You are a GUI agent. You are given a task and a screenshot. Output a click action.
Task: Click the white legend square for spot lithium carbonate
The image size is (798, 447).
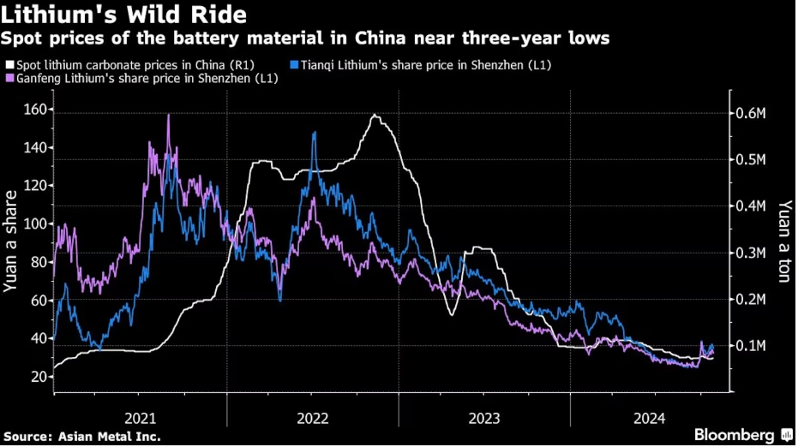9,64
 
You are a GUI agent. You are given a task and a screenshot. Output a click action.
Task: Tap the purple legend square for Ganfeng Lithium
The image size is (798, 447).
9,78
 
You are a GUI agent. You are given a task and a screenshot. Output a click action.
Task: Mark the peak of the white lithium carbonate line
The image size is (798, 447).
375,115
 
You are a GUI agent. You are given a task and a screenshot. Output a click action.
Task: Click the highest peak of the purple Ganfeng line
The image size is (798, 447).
168,115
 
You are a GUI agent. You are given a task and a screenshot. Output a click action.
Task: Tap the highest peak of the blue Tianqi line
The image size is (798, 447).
314,133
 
